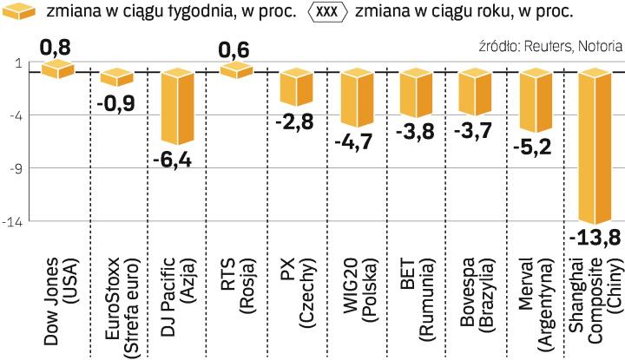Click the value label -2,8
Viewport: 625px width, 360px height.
click(294, 121)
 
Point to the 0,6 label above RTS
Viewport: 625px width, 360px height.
click(235, 50)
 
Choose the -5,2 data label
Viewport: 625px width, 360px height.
click(531, 147)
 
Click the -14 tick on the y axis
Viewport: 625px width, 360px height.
click(12, 221)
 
